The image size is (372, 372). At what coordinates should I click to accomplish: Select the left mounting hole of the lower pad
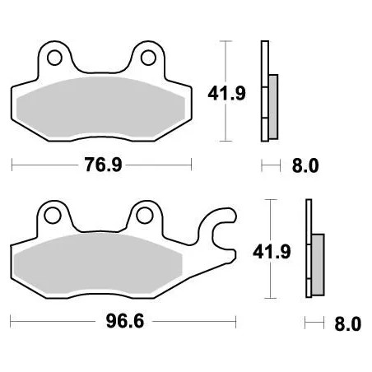54,216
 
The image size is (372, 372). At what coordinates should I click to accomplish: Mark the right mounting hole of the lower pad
146,216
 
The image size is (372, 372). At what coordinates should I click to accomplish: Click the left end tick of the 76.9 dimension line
12,165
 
